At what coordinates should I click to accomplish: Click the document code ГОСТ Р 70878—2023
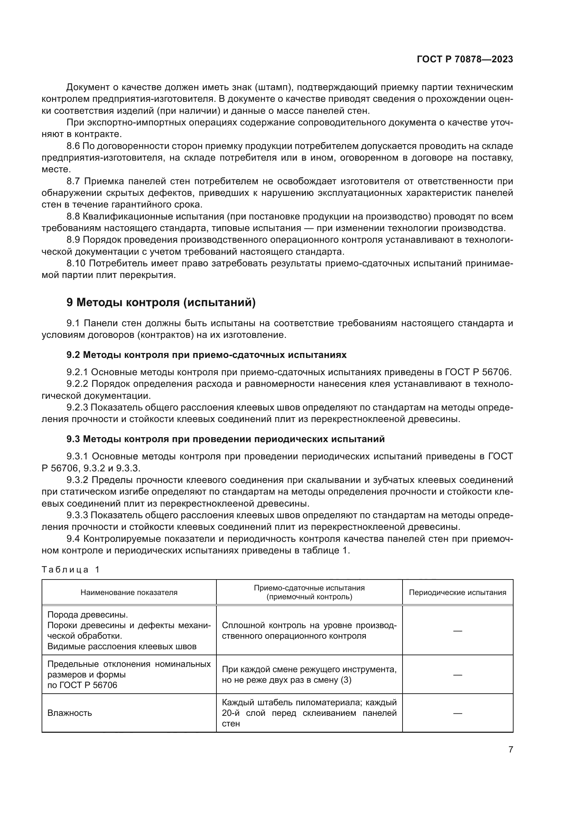[465, 60]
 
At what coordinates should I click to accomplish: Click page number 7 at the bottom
[510, 749]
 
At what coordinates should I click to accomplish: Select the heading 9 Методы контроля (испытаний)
[161, 303]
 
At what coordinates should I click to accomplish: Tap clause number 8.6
[74, 146]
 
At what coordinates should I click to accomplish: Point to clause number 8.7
[74, 181]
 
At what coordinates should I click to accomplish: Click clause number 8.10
[76, 264]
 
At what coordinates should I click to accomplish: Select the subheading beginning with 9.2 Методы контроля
[207, 355]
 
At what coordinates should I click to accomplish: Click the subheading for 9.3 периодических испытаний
[226, 439]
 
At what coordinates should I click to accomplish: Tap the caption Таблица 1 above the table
[70, 570]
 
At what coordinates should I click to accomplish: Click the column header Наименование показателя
[129, 592]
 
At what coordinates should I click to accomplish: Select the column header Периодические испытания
[458, 592]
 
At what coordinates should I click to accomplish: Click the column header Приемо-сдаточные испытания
[309, 592]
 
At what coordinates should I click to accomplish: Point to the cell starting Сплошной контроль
[309, 630]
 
